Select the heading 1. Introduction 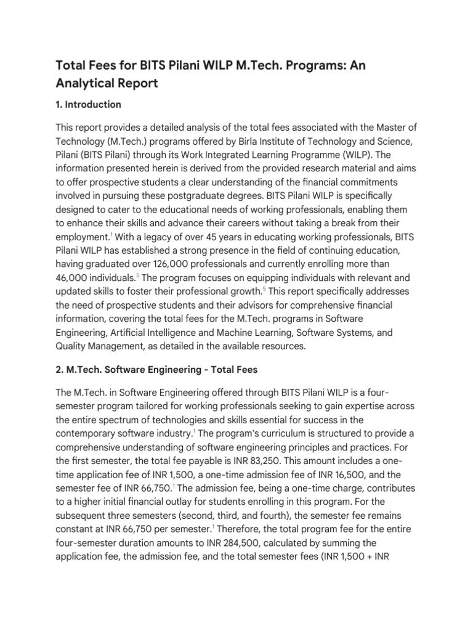pos(88,104)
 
